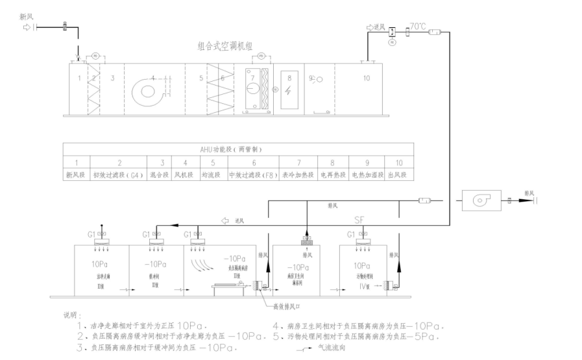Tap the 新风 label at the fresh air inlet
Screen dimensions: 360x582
pos(27,16)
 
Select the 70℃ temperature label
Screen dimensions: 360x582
pos(417,27)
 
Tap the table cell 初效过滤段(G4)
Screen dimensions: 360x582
pos(119,174)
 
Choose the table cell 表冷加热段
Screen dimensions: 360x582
pos(298,174)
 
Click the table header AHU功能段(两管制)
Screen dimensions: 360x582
pos(239,149)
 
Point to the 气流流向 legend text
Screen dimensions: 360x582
pos(333,348)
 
